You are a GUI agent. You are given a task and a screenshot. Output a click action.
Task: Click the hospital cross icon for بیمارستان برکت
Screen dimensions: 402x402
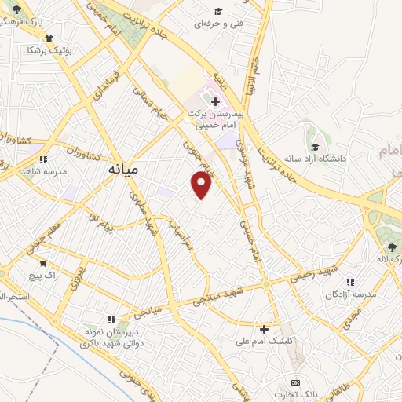216,101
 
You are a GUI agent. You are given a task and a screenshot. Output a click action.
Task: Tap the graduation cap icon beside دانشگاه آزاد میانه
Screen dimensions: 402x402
315,147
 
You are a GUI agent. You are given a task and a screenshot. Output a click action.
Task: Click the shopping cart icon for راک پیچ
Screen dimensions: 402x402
42,264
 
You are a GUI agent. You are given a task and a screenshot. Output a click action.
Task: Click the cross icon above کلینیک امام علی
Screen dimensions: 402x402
265,329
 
